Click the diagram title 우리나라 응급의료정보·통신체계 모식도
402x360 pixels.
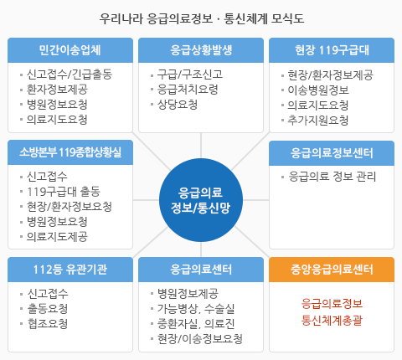tap(202, 18)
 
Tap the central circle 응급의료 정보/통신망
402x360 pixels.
tap(201, 200)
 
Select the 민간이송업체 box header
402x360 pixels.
tap(70, 50)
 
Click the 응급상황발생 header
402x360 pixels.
tap(201, 50)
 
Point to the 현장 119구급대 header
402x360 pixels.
tap(332, 50)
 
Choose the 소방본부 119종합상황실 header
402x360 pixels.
tap(70, 152)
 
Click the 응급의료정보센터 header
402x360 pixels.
tap(332, 153)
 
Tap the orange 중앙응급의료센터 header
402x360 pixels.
tap(332, 270)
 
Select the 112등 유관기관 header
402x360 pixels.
tap(70, 270)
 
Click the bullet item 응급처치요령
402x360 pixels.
tap(188, 90)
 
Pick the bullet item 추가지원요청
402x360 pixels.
tap(318, 120)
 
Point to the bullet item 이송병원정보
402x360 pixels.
tap(318, 90)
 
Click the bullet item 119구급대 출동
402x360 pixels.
tap(64, 192)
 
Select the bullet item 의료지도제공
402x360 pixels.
tap(57, 237)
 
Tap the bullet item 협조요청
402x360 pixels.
tap(48, 324)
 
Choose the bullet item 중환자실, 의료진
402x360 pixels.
tap(196, 324)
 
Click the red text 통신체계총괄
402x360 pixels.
tap(332, 320)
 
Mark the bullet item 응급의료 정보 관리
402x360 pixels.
tap(332, 177)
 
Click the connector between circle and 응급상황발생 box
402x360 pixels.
tap(201, 146)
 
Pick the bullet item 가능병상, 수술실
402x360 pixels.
tap(196, 309)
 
